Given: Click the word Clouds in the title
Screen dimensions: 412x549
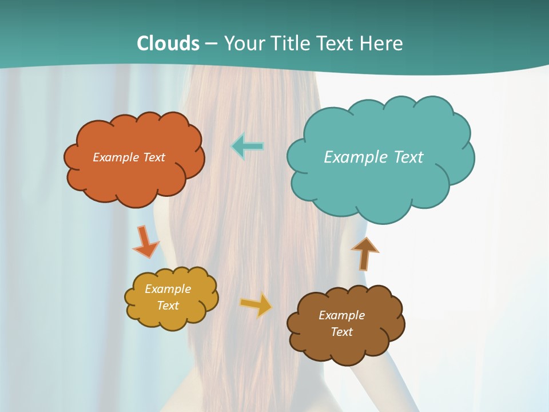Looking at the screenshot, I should click(x=168, y=43).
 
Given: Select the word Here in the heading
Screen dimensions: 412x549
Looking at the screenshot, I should click(x=383, y=43).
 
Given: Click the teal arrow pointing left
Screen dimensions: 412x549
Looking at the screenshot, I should click(x=248, y=146).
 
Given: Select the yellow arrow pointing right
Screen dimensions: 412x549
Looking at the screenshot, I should click(x=256, y=304).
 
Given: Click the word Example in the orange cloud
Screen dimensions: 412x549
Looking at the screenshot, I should click(x=116, y=157).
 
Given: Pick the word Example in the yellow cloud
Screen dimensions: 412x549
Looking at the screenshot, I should click(x=168, y=289).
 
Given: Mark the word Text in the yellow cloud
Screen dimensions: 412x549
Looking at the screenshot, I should click(x=168, y=306).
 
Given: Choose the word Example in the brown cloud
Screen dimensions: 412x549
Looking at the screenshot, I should click(x=341, y=315).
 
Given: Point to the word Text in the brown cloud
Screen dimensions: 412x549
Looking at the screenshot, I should click(x=341, y=332).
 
